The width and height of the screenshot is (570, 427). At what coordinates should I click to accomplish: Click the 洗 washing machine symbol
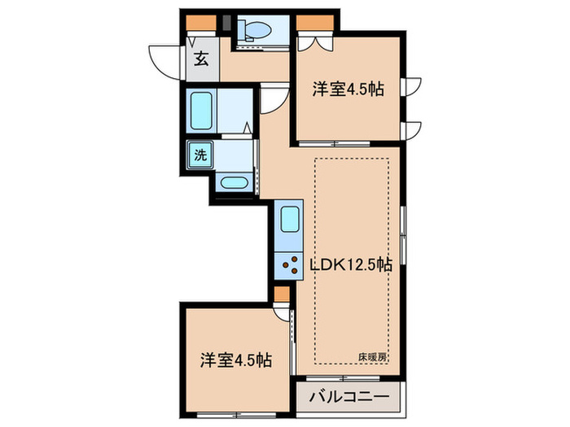[199, 155]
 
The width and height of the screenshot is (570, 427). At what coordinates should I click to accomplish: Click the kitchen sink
[290, 220]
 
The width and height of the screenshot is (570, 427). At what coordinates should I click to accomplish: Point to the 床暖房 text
[372, 356]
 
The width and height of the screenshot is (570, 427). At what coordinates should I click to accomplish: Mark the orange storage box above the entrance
[200, 23]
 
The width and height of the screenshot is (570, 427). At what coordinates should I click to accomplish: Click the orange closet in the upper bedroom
[313, 23]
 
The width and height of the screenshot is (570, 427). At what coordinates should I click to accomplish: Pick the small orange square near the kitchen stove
[281, 293]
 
